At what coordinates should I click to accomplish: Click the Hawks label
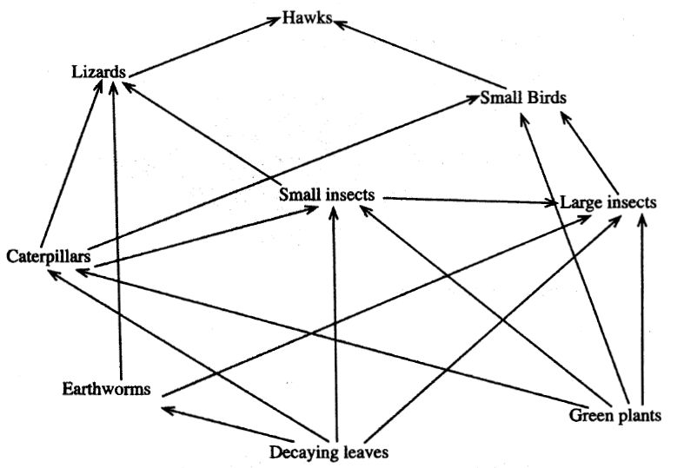[x=307, y=18]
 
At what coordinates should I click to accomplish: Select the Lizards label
[x=98, y=71]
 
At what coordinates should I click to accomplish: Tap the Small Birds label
[x=523, y=97]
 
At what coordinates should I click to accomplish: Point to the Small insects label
[x=326, y=195]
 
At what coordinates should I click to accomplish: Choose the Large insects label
[x=608, y=202]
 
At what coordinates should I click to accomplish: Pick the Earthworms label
[x=106, y=388]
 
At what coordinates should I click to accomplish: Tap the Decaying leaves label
[x=327, y=452]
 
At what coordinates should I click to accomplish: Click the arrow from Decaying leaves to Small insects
[x=334, y=321]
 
